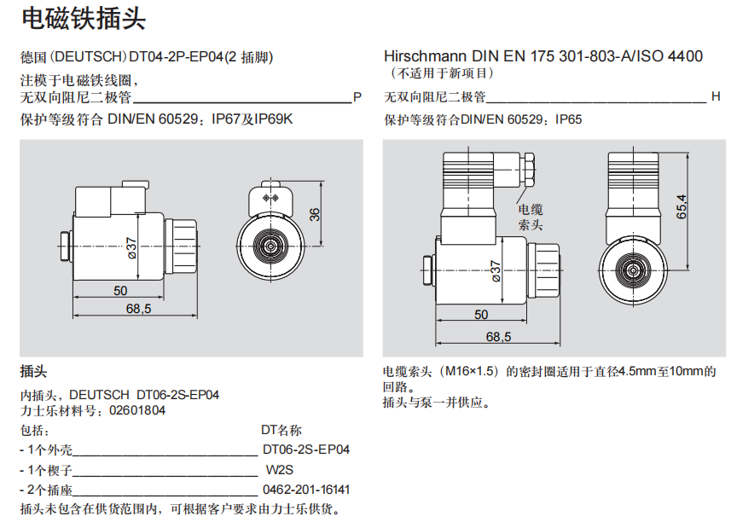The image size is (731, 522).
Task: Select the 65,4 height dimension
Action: (x=682, y=207)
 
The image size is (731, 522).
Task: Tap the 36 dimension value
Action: (x=315, y=214)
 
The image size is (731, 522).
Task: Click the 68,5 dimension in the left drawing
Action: (x=138, y=309)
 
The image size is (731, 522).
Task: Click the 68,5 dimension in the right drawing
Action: (x=498, y=337)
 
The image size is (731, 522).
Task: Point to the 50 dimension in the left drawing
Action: (x=120, y=290)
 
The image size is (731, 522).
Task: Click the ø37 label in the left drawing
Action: (x=132, y=246)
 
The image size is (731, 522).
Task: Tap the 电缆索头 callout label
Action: (x=531, y=217)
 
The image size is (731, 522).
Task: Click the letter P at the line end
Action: (x=357, y=96)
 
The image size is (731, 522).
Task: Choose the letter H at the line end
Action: (x=716, y=96)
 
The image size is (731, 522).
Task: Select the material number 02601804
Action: (x=137, y=410)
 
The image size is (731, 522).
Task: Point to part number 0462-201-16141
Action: (x=305, y=490)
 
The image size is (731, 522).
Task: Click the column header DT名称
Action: (x=281, y=430)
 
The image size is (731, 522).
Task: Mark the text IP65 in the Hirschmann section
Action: (x=568, y=119)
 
